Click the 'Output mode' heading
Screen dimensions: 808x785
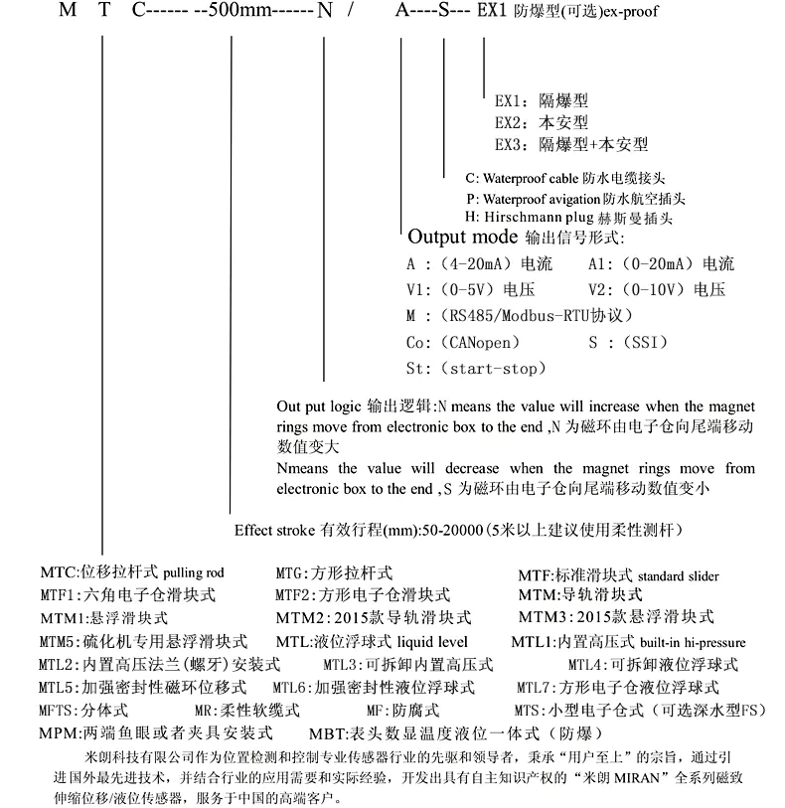tap(463, 238)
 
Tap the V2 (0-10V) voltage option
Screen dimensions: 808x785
tap(657, 290)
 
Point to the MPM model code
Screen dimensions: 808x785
tap(57, 733)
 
